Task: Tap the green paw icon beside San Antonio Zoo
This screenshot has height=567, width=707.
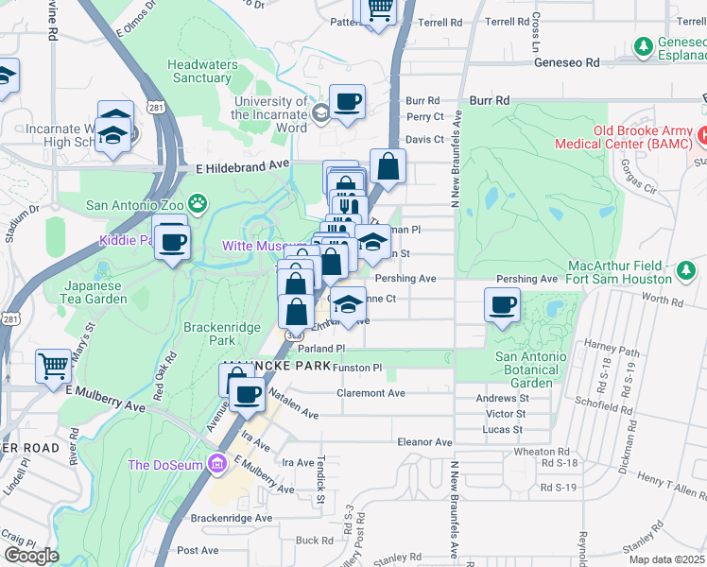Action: [197, 202]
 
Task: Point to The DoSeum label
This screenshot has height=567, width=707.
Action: [167, 464]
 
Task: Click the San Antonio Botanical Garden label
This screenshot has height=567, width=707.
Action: [531, 369]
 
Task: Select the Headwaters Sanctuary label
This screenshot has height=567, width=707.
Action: [198, 71]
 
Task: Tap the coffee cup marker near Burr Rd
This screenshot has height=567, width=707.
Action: [347, 101]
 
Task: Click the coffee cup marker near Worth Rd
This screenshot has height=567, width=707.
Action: [502, 304]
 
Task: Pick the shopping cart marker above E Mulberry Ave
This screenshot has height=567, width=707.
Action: [53, 365]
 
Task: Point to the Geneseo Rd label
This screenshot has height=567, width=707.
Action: [567, 62]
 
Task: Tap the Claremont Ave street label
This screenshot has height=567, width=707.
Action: [371, 393]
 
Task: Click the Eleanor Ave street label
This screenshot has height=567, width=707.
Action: [426, 441]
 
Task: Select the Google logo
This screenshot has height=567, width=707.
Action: [31, 556]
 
